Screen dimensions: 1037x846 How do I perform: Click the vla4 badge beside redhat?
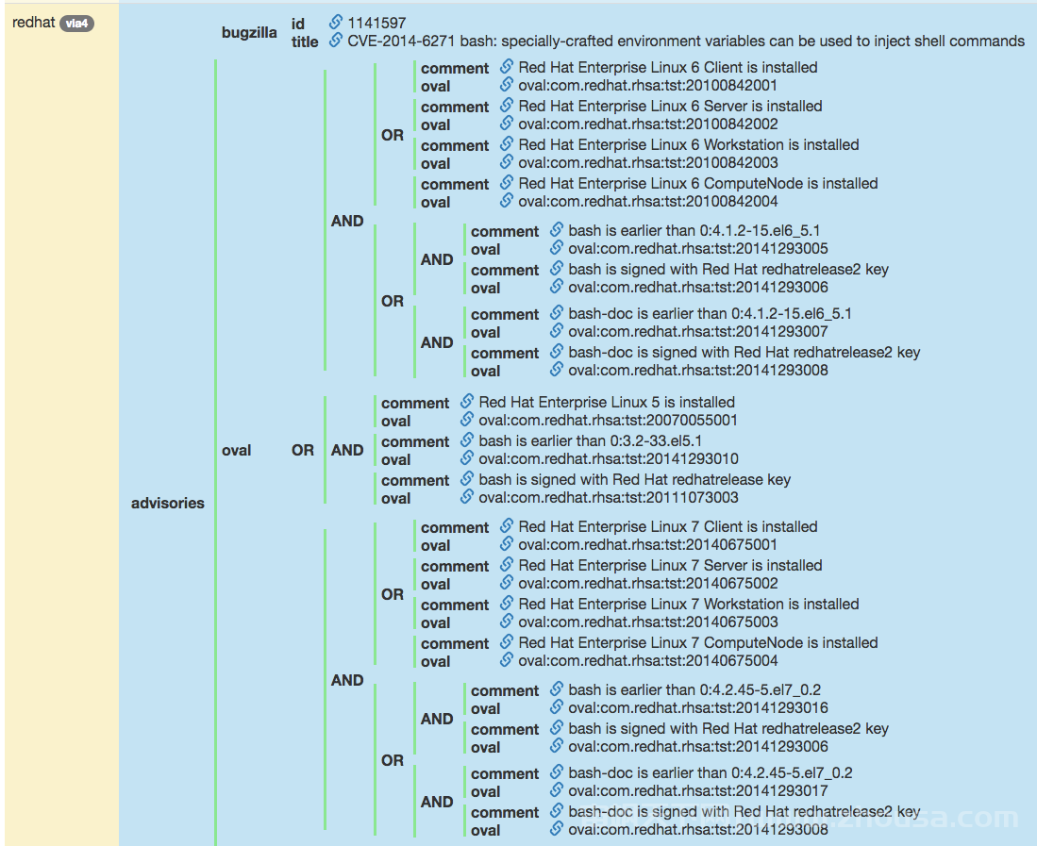click(x=76, y=24)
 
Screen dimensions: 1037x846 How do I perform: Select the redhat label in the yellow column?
click(x=33, y=23)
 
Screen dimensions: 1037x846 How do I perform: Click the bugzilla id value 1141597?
click(x=376, y=24)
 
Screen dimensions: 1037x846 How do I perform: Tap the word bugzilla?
click(x=249, y=32)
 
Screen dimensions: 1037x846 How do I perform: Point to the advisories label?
click(x=167, y=503)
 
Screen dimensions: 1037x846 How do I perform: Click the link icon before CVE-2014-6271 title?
click(x=336, y=41)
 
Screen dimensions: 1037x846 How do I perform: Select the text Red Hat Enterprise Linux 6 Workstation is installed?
click(x=689, y=144)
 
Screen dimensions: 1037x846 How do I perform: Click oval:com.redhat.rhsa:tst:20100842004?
click(x=648, y=202)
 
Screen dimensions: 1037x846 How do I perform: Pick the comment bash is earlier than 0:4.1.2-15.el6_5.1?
click(x=694, y=231)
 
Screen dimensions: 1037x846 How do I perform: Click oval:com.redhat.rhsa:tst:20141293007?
click(x=697, y=332)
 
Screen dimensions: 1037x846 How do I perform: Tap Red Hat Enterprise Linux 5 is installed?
click(x=607, y=403)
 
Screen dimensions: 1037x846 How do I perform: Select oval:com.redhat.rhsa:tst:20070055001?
click(x=608, y=421)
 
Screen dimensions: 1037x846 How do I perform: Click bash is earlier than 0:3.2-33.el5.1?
click(x=591, y=440)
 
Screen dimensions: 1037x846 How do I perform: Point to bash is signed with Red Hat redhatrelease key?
click(x=634, y=480)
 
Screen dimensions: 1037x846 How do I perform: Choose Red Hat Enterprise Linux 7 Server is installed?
click(x=670, y=566)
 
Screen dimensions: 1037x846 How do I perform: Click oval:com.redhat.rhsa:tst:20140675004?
click(x=648, y=661)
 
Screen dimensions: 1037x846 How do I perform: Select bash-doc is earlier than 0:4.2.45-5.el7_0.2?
click(x=711, y=773)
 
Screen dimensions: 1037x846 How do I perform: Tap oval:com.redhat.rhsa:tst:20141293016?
click(x=697, y=708)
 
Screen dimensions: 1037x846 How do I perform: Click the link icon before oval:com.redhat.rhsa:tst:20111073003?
click(x=467, y=497)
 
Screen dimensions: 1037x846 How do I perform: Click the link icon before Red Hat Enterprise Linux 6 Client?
click(x=507, y=67)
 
